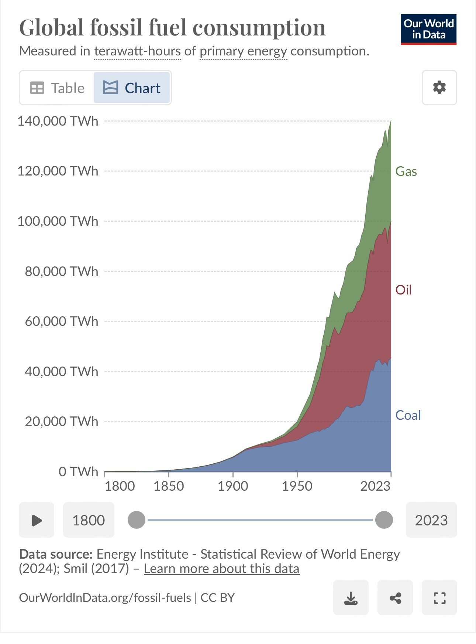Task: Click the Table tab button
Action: point(57,88)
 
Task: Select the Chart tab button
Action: point(132,88)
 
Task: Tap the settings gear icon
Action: point(439,88)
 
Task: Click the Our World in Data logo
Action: point(428,30)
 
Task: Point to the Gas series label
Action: point(406,171)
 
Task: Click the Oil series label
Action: point(403,290)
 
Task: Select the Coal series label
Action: point(408,415)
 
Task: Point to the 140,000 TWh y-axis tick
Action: point(58,121)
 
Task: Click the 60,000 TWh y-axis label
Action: point(62,321)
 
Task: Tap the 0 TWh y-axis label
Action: point(78,472)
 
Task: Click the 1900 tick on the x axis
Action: point(233,486)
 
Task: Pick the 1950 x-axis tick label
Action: point(297,486)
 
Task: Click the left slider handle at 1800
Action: point(137,520)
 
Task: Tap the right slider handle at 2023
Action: point(384,520)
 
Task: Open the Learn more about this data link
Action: point(221,569)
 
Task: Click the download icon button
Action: point(351,597)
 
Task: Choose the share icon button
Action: point(395,597)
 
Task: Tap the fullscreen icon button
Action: point(439,597)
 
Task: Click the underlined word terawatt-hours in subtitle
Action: point(138,51)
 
